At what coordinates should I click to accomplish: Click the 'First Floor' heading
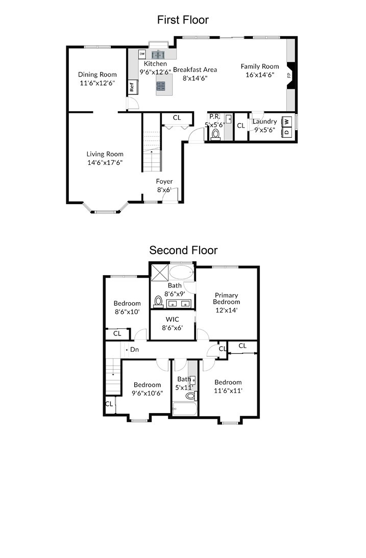(x=183, y=20)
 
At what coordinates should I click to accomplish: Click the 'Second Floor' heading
(x=183, y=250)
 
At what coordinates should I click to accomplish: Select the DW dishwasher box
(x=142, y=54)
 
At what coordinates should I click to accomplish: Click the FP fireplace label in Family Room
(x=288, y=75)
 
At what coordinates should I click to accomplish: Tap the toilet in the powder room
(x=215, y=135)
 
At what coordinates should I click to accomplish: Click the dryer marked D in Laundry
(x=287, y=132)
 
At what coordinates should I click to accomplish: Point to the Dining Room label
(x=97, y=75)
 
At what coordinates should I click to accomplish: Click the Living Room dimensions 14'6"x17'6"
(x=105, y=162)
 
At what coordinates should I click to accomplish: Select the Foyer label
(x=164, y=181)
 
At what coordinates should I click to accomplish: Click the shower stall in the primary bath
(x=158, y=271)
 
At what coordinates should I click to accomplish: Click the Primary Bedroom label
(x=227, y=298)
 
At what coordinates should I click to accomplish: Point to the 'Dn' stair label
(x=134, y=350)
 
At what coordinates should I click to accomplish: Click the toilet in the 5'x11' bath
(x=191, y=395)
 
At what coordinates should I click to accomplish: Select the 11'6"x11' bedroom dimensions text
(x=228, y=391)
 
